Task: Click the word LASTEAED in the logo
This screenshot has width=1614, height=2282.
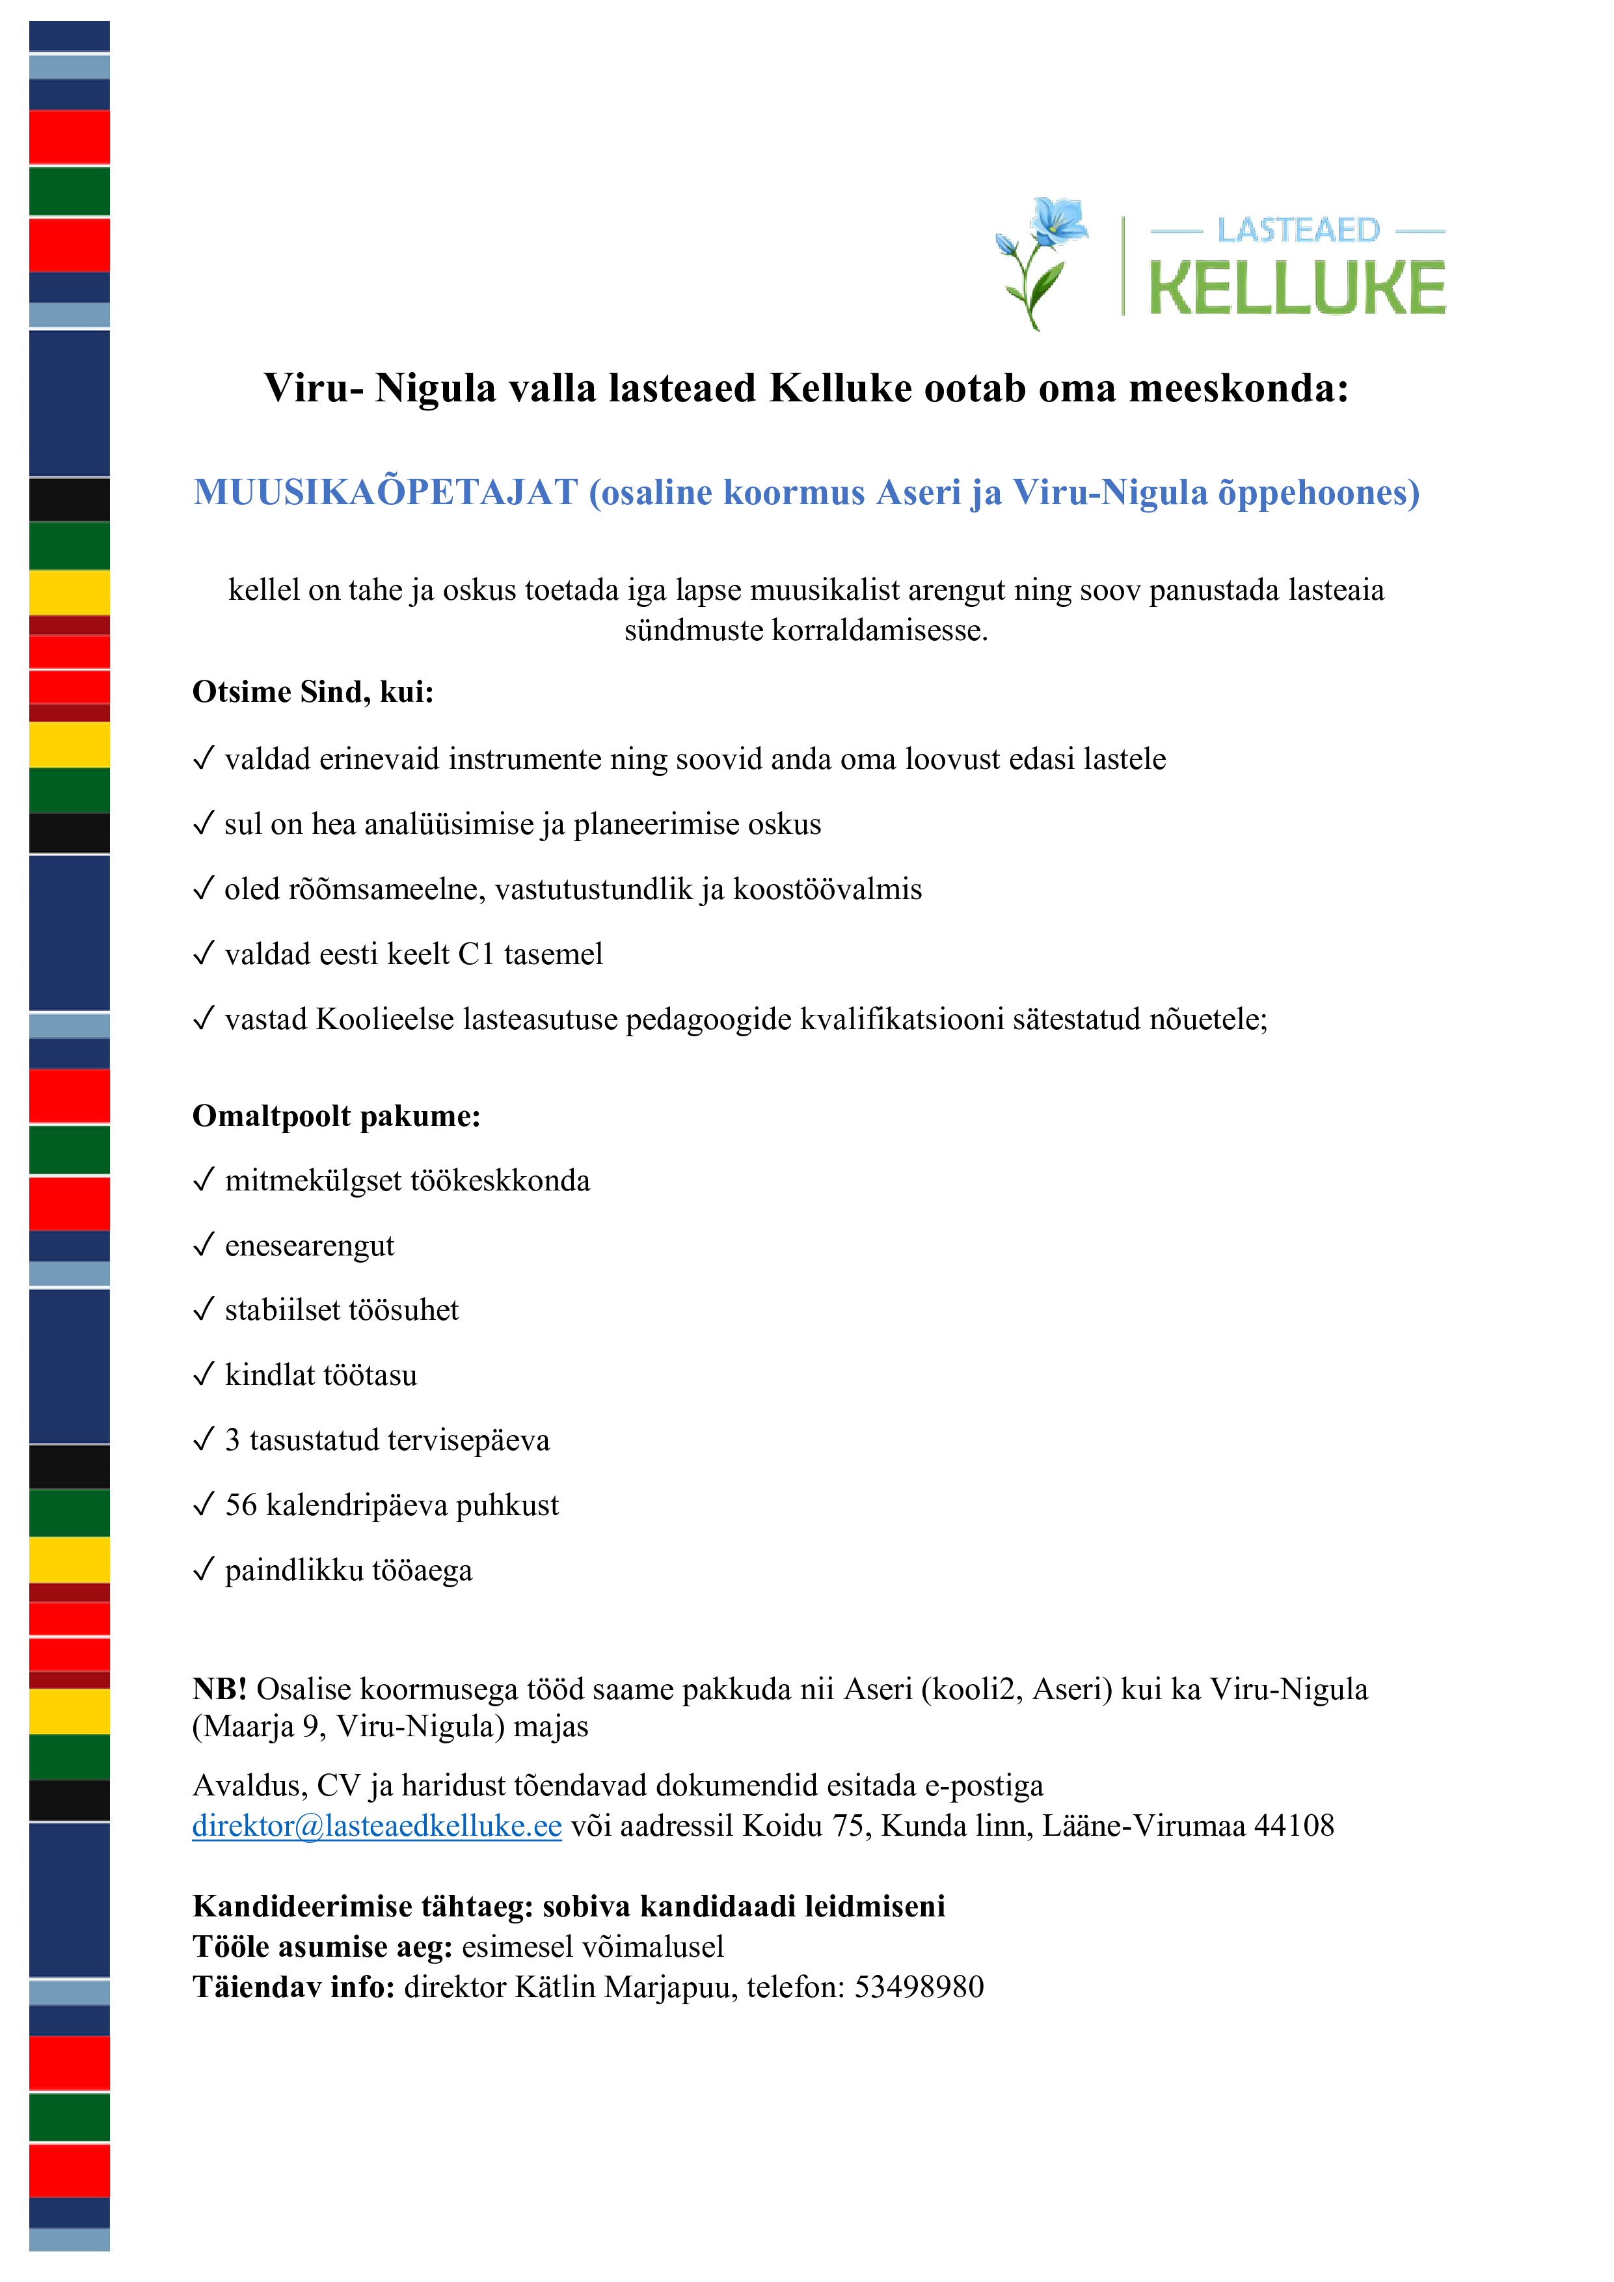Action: pos(1298,230)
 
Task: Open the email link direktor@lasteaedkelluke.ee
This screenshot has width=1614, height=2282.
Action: pos(377,1826)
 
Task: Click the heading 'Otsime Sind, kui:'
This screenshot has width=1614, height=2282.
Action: pos(313,691)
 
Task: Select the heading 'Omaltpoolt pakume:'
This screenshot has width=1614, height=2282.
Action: pos(336,1116)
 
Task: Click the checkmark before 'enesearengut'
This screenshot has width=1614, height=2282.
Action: pos(204,1244)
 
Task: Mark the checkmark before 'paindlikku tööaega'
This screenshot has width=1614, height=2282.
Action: pos(204,1570)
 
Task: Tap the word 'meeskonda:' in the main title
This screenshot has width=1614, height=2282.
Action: pos(1239,388)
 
